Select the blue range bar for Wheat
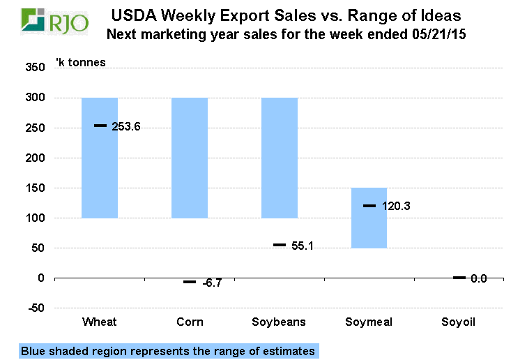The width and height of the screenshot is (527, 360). pos(100,158)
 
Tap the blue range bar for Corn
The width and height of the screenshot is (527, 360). pos(190,158)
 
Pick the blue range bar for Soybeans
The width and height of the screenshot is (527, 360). pos(279,158)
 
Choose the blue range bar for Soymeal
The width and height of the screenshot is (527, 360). pos(369,218)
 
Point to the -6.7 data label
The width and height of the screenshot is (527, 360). pos(212,283)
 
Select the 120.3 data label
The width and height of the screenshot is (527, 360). pos(395,207)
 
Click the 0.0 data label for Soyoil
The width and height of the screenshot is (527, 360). pos(478,278)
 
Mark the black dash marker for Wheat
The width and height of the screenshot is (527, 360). pos(100,126)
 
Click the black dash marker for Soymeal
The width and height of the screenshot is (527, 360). pos(369,206)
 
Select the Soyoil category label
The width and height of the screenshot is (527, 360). pos(459,322)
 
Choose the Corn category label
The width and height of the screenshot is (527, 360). pos(190,322)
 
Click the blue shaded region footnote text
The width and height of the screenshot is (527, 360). pos(168,351)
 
